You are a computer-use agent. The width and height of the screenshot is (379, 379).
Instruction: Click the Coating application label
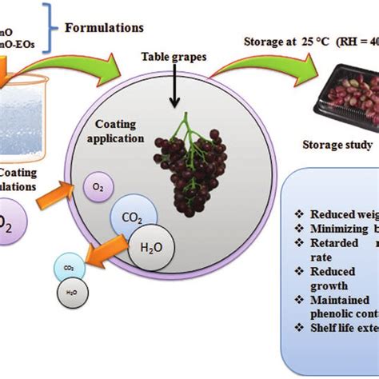coord(122,131)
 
